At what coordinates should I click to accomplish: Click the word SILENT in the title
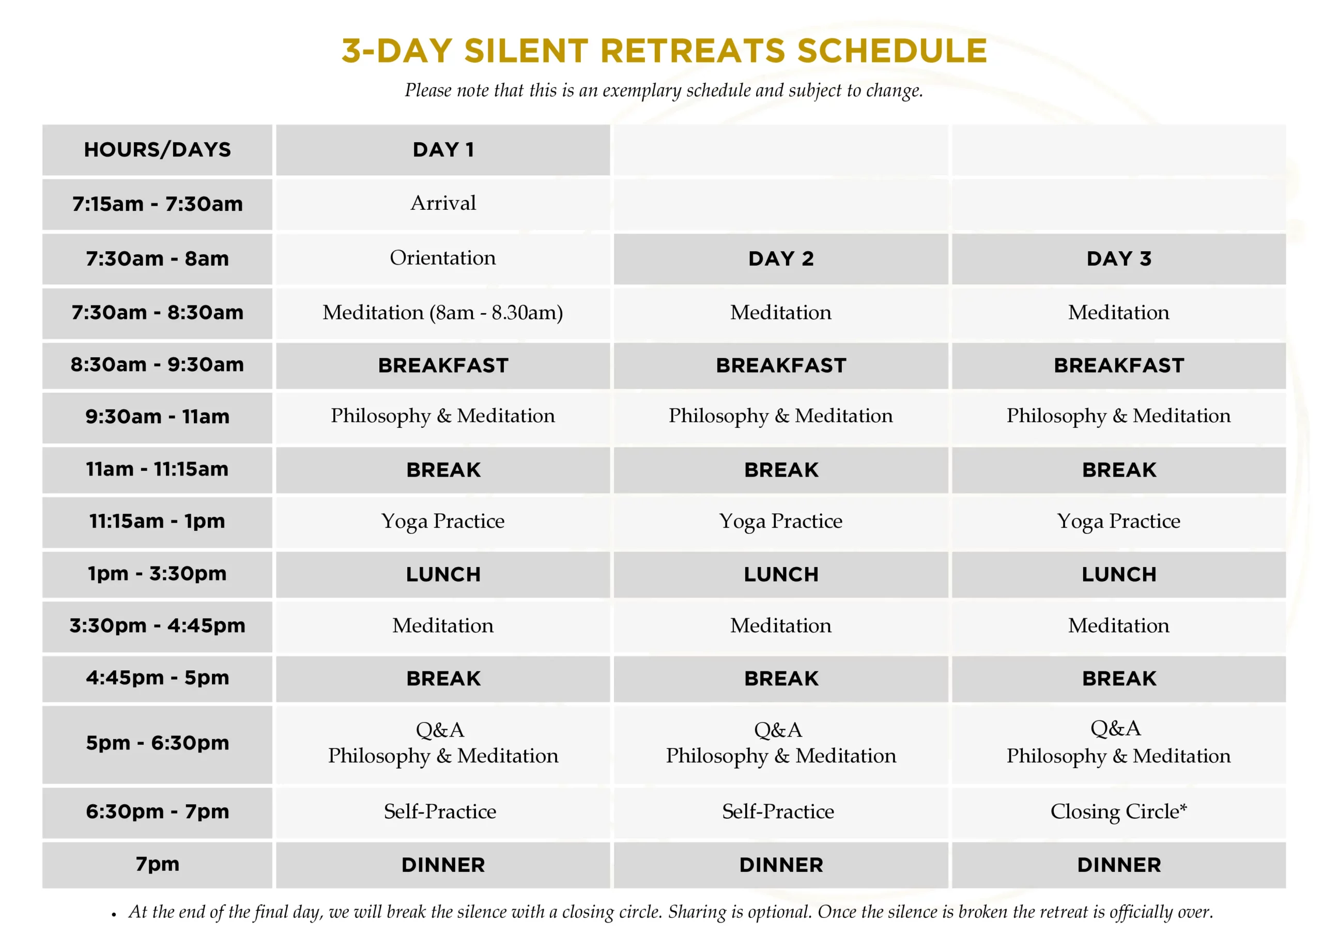pyautogui.click(x=526, y=51)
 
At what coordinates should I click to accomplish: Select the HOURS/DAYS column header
pyautogui.click(x=157, y=150)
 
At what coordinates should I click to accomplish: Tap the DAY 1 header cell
pyautogui.click(x=442, y=150)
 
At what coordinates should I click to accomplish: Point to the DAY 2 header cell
pyautogui.click(x=781, y=259)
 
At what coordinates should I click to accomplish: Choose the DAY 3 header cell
pyautogui.click(x=1118, y=259)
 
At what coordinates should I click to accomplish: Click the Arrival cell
pyautogui.click(x=442, y=204)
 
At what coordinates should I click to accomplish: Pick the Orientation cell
pyautogui.click(x=442, y=258)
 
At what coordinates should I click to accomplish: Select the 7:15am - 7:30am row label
pyautogui.click(x=157, y=204)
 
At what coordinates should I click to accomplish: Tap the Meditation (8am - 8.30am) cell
pyautogui.click(x=442, y=313)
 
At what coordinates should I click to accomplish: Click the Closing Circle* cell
pyautogui.click(x=1118, y=811)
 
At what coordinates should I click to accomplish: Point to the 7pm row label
pyautogui.click(x=157, y=864)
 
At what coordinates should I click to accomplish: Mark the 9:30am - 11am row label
pyautogui.click(x=157, y=417)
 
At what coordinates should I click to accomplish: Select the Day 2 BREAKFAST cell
pyautogui.click(x=781, y=365)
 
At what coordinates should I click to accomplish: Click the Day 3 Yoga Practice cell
pyautogui.click(x=1118, y=521)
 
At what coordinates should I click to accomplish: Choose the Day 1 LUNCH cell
pyautogui.click(x=442, y=575)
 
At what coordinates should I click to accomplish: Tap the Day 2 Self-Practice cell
pyautogui.click(x=778, y=811)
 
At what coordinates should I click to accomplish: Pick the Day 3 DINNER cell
pyautogui.click(x=1118, y=865)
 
